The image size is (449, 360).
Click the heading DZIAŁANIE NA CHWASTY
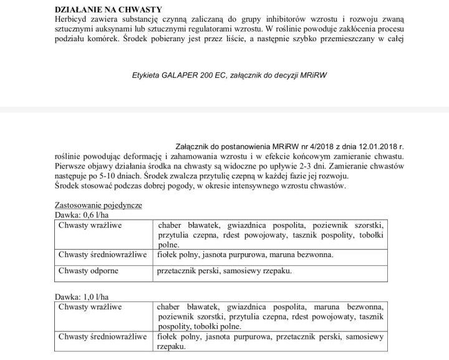point(99,9)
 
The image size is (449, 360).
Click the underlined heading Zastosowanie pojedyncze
point(98,205)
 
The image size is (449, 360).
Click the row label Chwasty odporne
point(88,271)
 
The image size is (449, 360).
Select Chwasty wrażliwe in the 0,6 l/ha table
point(90,225)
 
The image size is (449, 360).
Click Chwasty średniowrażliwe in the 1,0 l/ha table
point(102,338)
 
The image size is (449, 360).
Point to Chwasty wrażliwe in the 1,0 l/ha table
point(90,307)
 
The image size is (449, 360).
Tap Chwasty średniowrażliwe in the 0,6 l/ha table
point(102,255)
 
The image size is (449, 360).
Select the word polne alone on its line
point(169,245)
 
